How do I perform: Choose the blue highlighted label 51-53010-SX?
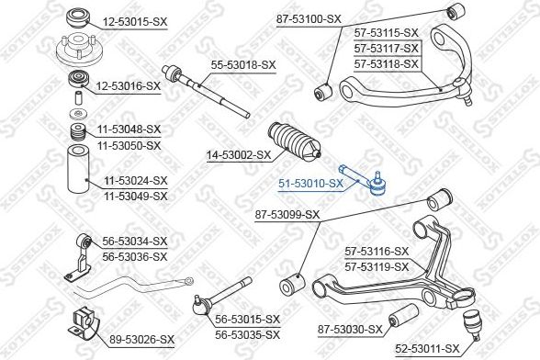[x=311, y=183]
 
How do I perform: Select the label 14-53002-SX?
[x=238, y=155]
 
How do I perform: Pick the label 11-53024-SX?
[x=135, y=181]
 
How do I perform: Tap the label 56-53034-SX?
[x=135, y=241]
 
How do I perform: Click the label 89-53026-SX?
[x=142, y=340]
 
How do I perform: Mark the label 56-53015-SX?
[x=247, y=319]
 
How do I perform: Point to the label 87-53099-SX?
[x=286, y=214]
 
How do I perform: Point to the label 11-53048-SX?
[x=128, y=129]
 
